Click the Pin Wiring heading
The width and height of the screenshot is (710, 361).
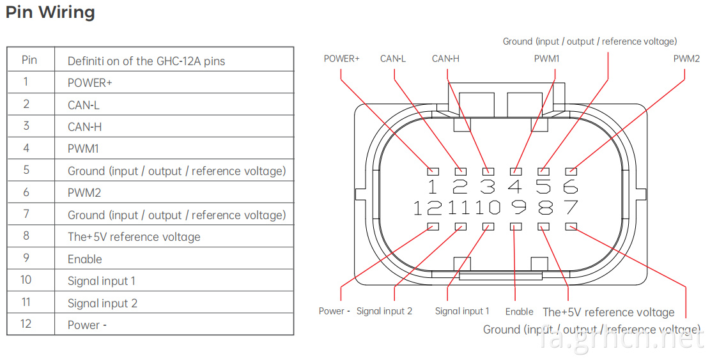(x=50, y=12)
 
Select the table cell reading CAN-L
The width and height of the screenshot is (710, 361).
(x=83, y=105)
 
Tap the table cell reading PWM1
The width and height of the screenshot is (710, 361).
(x=83, y=149)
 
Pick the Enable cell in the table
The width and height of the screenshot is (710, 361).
(x=84, y=259)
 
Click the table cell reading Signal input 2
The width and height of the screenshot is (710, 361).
(x=102, y=303)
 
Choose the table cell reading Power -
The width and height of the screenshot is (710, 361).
(x=87, y=325)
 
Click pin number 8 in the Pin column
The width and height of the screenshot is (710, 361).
(x=26, y=236)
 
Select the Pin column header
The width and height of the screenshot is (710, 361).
(x=29, y=60)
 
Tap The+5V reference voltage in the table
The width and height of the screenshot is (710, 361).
(x=134, y=237)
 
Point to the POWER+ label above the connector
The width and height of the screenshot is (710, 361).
(x=341, y=58)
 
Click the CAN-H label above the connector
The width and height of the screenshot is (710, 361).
(x=445, y=58)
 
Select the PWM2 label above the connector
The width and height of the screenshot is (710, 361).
(x=686, y=58)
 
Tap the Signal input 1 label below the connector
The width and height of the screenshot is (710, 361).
(x=462, y=311)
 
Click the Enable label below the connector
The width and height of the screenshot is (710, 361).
(x=520, y=312)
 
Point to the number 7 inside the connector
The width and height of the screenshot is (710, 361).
(x=571, y=207)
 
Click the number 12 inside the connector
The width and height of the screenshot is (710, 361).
(x=428, y=208)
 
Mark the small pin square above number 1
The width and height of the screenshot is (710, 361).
(x=433, y=172)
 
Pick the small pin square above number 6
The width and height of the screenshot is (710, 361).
(x=571, y=172)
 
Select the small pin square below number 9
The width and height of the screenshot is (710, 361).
(x=516, y=226)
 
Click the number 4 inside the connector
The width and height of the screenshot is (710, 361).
(x=515, y=186)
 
